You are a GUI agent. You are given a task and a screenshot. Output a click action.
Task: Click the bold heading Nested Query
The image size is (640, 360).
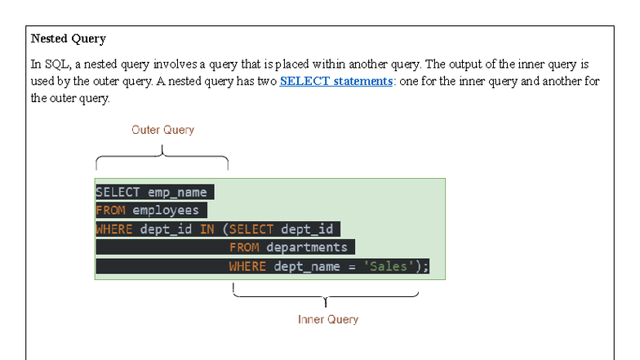[69, 38]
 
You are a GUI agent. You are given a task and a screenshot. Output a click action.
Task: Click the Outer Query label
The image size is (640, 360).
[162, 130]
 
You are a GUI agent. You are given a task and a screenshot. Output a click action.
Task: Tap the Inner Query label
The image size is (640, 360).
[327, 319]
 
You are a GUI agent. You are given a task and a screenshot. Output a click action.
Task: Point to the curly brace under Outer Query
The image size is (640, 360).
[162, 157]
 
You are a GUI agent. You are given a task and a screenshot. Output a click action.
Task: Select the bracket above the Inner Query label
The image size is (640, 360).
[326, 296]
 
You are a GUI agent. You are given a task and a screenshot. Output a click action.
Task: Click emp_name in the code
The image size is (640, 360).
[177, 193]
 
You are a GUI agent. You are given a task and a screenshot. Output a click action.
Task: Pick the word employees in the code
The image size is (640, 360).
[166, 211]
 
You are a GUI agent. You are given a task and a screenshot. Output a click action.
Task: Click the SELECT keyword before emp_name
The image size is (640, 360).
[118, 193]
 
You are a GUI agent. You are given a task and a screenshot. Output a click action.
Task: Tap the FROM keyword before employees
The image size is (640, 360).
[110, 211]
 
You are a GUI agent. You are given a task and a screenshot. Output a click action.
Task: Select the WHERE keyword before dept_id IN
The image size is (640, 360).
[113, 229]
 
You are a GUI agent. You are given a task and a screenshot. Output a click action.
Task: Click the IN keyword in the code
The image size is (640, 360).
[207, 229]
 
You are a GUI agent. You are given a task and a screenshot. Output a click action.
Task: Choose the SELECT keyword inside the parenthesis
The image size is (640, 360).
[251, 229]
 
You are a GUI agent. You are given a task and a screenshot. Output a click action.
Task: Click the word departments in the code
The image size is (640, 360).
[306, 247]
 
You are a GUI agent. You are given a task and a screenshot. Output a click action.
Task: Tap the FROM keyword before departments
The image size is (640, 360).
[244, 247]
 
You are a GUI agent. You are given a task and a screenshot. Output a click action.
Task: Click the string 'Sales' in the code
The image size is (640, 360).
[388, 266]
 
